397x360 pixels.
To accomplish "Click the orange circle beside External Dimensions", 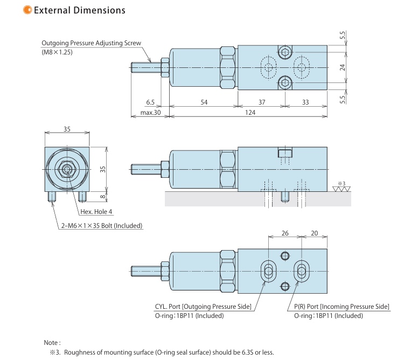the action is [27, 10].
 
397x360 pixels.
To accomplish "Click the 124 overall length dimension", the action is [250, 113].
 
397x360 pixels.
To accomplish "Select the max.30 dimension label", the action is [150, 113].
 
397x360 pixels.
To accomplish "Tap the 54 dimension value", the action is [204, 102].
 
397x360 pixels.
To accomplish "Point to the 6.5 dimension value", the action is [150, 102].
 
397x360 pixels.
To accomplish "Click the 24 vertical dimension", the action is [342, 67].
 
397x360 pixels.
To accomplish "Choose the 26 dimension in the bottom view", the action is [285, 233].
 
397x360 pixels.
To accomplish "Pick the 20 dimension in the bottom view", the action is [314, 233].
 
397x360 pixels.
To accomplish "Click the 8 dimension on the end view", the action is [102, 196].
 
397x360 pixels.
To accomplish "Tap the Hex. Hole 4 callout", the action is [96, 212].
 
